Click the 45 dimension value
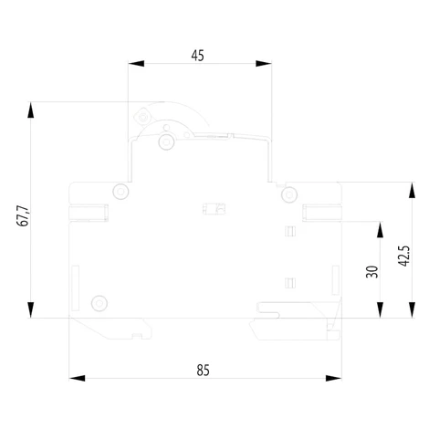[x=197, y=56]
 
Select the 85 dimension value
[x=203, y=371]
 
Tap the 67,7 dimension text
[x=23, y=216]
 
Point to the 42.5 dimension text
[x=404, y=256]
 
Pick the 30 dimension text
[x=371, y=272]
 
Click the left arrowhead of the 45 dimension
[x=136, y=64]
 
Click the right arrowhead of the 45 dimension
[x=264, y=64]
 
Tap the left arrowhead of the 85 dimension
[x=77, y=378]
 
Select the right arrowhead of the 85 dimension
[x=333, y=378]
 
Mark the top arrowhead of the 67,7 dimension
[x=30, y=110]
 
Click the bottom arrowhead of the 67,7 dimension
[x=30, y=309]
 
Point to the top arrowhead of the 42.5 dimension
[x=412, y=191]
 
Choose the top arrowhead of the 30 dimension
[x=380, y=230]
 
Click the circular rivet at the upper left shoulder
[x=120, y=192]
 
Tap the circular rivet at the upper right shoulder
[x=289, y=194]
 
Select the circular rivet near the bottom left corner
[x=99, y=303]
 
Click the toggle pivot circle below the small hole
[x=166, y=141]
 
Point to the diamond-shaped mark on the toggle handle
[x=142, y=117]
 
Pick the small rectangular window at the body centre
[x=214, y=209]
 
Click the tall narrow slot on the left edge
[x=76, y=288]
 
